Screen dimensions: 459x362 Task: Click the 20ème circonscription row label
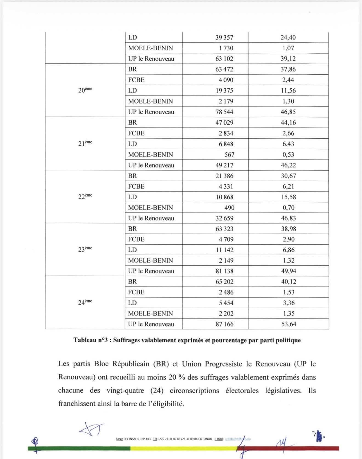85,90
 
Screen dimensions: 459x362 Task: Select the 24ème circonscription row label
85,302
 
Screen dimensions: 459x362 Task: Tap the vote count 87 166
225,324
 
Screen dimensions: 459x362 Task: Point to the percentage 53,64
289,324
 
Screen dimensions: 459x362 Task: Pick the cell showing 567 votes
229,155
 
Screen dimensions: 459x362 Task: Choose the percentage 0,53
288,155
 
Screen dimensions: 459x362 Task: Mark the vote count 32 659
224,218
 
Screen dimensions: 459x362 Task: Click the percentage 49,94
289,271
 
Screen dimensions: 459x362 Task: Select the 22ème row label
85,196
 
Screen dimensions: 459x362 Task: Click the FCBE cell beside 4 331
136,186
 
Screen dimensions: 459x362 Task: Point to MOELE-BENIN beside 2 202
151,314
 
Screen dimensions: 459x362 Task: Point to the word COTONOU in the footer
206,439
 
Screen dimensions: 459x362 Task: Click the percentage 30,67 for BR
288,176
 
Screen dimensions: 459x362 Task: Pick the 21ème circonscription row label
85,143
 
